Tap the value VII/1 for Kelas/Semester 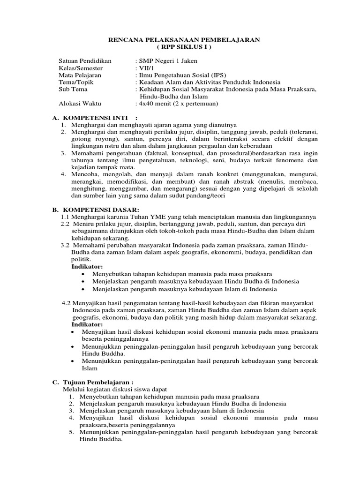click(143, 68)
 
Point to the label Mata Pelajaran click(80, 75)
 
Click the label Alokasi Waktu click(80, 103)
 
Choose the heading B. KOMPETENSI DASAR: click(96, 209)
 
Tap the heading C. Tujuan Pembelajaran click(96, 382)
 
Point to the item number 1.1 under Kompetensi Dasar click(66, 217)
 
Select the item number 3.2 click(67, 245)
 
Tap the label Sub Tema click(73, 89)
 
